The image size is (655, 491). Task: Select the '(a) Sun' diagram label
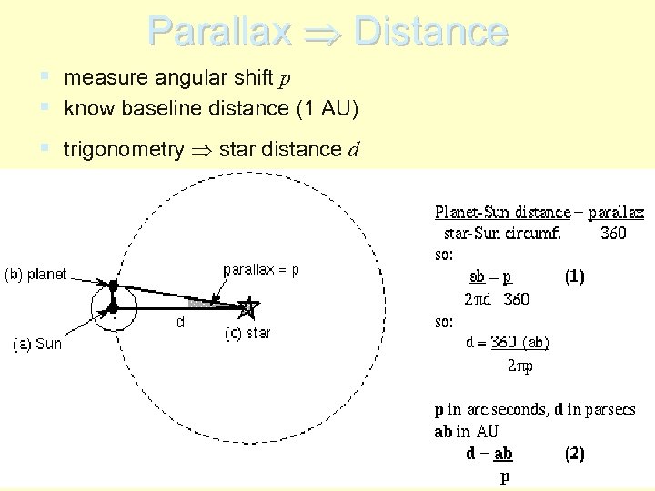37,344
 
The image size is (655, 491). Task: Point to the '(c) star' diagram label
247,333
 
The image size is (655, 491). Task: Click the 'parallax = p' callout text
261,270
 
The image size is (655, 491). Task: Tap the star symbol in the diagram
247,307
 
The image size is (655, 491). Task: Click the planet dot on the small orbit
112,286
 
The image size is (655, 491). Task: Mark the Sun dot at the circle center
112,309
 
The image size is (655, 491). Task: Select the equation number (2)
574,453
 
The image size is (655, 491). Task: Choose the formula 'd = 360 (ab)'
506,343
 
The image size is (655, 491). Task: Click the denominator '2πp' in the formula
522,366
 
